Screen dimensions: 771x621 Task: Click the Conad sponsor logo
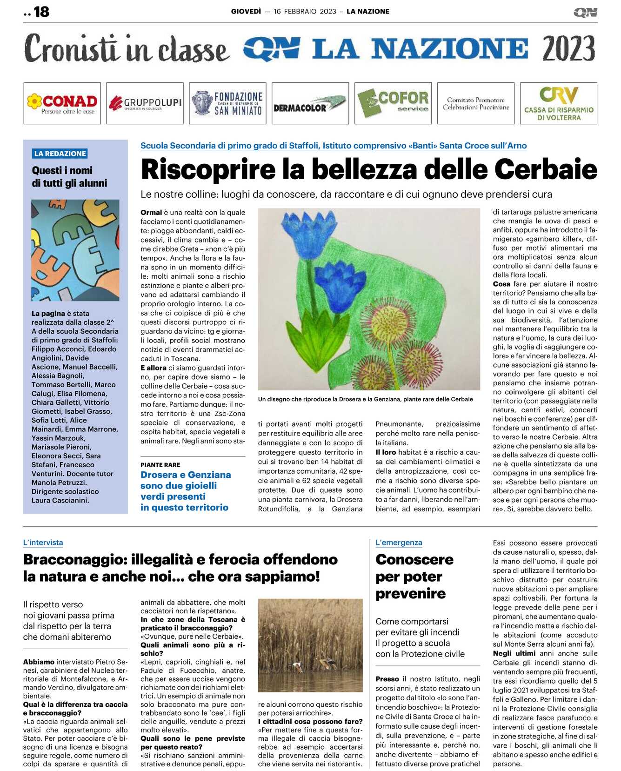coord(62,103)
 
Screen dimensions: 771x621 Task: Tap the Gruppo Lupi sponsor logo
coord(145,103)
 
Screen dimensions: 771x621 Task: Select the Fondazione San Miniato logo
coord(227,103)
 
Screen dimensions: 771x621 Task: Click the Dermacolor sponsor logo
coord(310,103)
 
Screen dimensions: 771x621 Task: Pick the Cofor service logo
coord(393,103)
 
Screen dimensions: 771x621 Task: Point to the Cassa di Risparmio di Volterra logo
coord(559,103)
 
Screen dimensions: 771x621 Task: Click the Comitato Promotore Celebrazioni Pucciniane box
coord(476,103)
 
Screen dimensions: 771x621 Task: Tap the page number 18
coord(41,12)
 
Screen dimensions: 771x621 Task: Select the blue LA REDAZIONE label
coord(60,154)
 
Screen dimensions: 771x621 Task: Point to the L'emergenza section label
coord(399,543)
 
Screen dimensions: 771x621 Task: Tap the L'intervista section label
coord(43,543)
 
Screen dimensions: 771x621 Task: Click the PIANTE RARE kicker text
coord(160,465)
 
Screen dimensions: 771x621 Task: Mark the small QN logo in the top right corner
coord(585,12)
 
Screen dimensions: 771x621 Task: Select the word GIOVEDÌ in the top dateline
coord(246,12)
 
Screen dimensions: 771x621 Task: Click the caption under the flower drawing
coord(365,399)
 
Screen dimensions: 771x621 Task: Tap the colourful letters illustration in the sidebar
coord(75,250)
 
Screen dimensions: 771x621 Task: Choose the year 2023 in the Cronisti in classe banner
coord(568,49)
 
